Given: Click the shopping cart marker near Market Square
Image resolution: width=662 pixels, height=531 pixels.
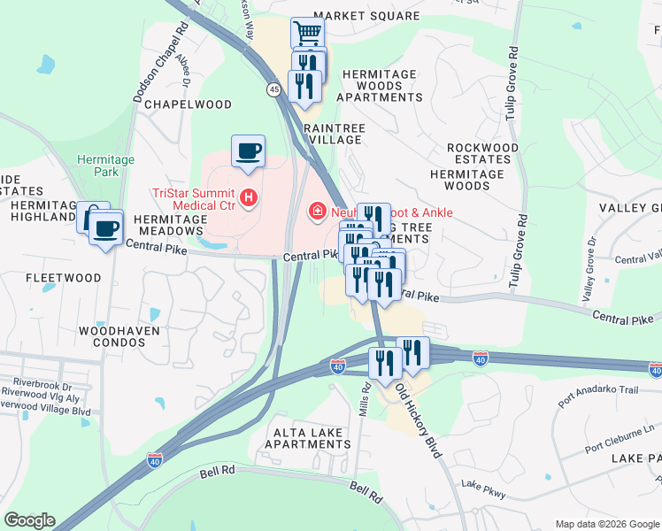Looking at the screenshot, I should tap(307, 34).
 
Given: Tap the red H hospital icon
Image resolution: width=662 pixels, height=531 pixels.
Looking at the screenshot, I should tap(250, 196).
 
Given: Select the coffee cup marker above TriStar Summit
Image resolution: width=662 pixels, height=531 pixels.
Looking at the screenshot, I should tap(248, 150).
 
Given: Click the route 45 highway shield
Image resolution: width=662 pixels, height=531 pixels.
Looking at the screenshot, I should tap(273, 89).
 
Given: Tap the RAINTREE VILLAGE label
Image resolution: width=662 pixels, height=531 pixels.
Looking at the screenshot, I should tap(334, 134).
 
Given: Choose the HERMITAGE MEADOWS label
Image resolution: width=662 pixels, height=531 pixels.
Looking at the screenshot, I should tap(170, 225).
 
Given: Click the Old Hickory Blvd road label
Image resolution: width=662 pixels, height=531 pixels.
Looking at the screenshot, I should tap(418, 419).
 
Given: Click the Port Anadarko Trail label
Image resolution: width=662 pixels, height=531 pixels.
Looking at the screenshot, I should tap(598, 390).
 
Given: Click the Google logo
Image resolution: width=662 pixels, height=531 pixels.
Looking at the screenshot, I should tap(29, 520).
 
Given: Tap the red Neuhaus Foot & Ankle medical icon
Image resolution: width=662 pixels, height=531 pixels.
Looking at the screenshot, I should tap(316, 212).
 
